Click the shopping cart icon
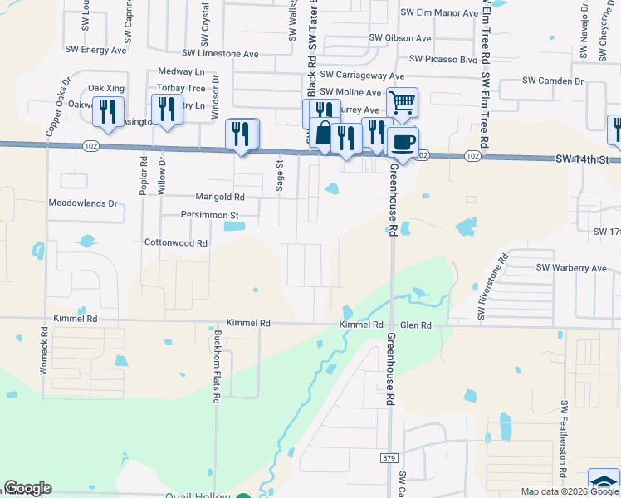(402, 104)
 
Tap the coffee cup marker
(403, 142)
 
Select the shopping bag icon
(324, 133)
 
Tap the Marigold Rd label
(220, 198)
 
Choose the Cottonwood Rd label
(175, 243)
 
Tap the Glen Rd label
(414, 326)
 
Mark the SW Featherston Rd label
(564, 439)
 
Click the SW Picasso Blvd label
(443, 60)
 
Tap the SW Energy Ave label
(95, 51)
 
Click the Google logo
(27, 488)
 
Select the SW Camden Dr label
(553, 81)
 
